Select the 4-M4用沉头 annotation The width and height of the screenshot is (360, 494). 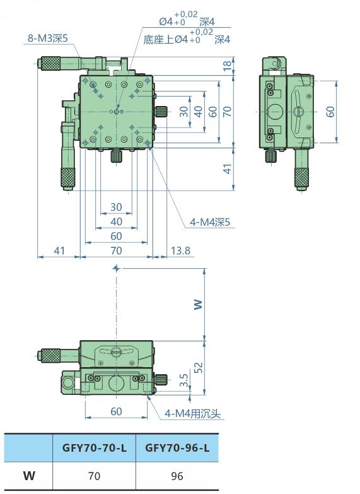point(192,414)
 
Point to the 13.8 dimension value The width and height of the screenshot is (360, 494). point(180,251)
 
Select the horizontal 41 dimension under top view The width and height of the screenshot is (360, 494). point(59,251)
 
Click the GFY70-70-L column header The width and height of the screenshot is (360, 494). point(94,449)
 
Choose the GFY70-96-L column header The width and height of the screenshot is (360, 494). point(177,449)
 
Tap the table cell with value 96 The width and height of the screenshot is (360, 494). point(177,476)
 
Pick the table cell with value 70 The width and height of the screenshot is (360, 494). point(94,476)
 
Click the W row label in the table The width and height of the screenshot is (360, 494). point(29,476)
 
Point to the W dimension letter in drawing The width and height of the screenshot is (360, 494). point(198,304)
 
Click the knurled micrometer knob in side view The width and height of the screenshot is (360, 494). point(300,178)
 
